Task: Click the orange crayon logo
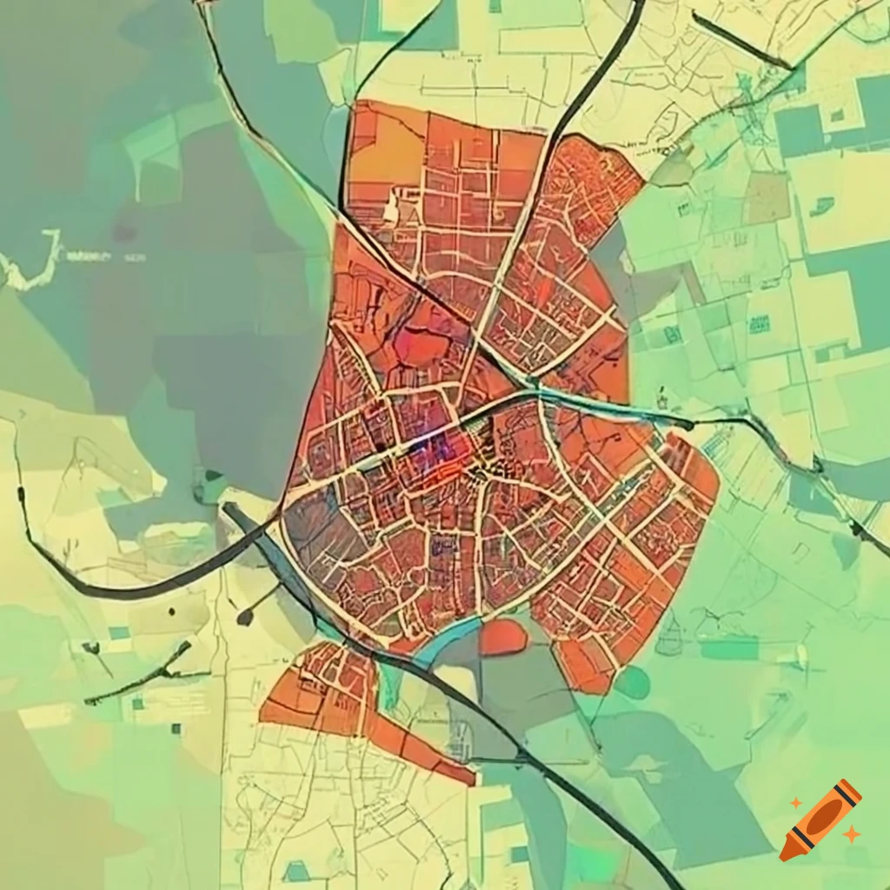pos(821,820)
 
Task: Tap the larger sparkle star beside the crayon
pos(852,834)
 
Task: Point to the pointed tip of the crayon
pos(787,853)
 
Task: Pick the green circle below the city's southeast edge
pos(632,682)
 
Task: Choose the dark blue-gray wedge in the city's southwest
pos(322,530)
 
